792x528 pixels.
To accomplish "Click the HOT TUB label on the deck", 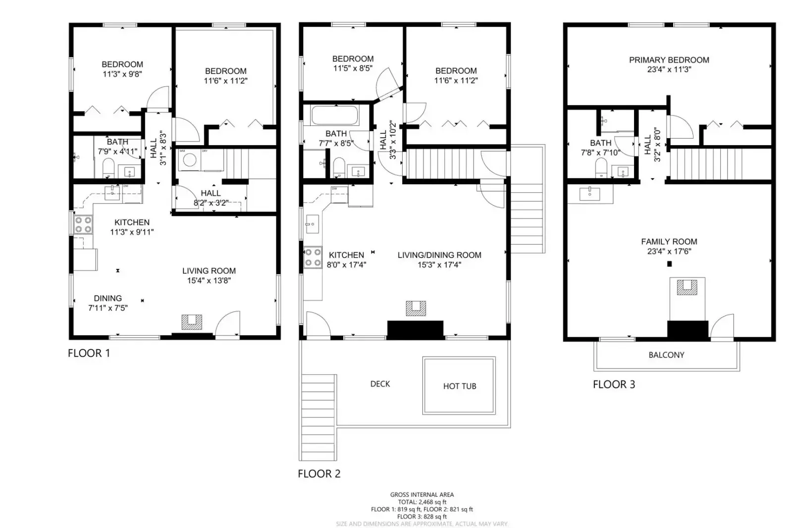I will [x=459, y=386].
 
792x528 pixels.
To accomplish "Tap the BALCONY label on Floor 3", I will [x=666, y=355].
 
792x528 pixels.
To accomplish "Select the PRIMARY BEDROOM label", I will [x=669, y=60].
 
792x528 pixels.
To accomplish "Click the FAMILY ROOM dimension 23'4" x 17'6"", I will [x=669, y=251].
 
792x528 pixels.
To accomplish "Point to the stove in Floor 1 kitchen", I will [x=83, y=224].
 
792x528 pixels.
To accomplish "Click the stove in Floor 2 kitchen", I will [x=313, y=258].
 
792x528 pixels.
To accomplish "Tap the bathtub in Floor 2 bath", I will [x=334, y=116].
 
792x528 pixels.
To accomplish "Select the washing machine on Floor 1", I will [x=190, y=160].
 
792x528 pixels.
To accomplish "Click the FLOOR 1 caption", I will [x=89, y=353].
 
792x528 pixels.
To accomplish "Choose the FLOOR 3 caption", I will [x=613, y=384].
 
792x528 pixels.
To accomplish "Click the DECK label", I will [x=380, y=384].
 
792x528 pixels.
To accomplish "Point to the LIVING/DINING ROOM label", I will [x=439, y=255].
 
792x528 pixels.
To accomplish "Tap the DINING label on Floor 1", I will [x=107, y=298].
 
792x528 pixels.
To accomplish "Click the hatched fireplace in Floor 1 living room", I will [x=192, y=322].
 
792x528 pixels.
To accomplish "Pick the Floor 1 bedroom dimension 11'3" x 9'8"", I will [x=122, y=74].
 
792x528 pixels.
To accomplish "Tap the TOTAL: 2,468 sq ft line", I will [x=422, y=502].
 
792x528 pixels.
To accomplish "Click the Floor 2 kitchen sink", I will [x=312, y=224].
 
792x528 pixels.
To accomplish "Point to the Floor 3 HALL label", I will [x=647, y=145].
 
